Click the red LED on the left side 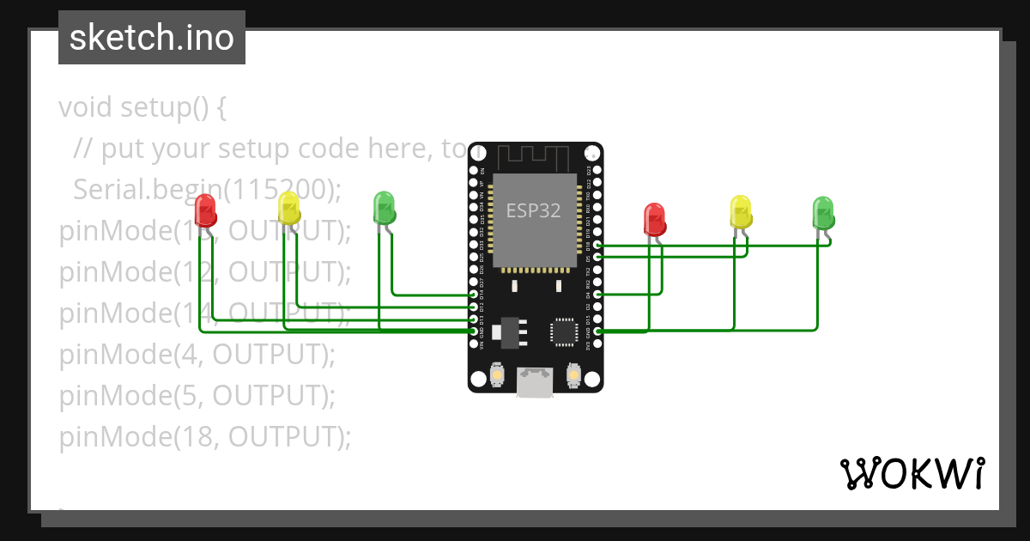coord(205,210)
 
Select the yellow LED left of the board coord(289,209)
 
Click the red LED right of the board coord(655,219)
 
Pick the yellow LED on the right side coord(740,211)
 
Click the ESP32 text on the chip coord(533,210)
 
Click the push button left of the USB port coord(496,375)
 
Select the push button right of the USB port coord(574,375)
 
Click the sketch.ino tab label coord(152,38)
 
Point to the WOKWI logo coord(912,473)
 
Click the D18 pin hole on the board coord(597,246)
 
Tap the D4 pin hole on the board coord(597,295)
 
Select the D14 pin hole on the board coord(474,295)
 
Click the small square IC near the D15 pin coord(564,331)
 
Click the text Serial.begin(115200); coord(208,190)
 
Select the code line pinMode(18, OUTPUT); coord(205,437)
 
